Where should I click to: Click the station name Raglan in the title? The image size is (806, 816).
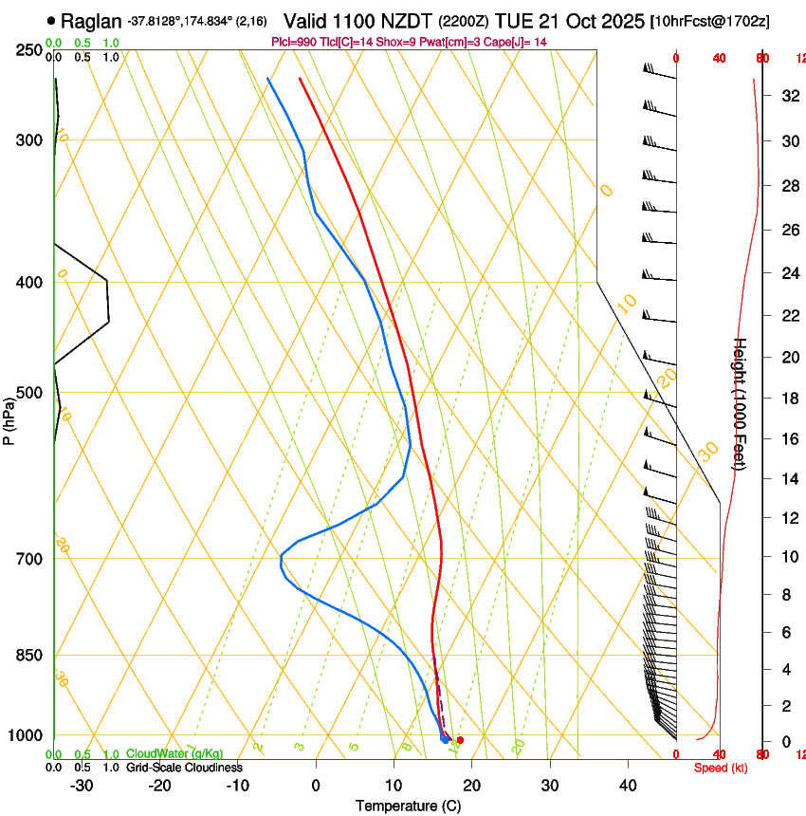pyautogui.click(x=91, y=21)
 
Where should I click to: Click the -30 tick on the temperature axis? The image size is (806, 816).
pyautogui.click(x=82, y=786)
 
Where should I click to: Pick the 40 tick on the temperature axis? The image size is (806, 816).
pyautogui.click(x=628, y=786)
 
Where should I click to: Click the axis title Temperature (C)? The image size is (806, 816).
pyautogui.click(x=408, y=807)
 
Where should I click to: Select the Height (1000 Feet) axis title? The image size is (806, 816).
pyautogui.click(x=741, y=403)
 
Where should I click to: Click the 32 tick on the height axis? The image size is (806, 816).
pyautogui.click(x=788, y=96)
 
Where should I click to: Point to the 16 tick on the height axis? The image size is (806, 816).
pyautogui.click(x=788, y=439)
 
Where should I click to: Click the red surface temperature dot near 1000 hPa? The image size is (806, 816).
pyautogui.click(x=460, y=740)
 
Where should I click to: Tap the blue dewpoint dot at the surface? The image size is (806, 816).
pyautogui.click(x=445, y=738)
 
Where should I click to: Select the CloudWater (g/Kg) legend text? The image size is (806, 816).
pyautogui.click(x=174, y=754)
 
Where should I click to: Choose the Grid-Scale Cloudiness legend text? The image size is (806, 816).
pyautogui.click(x=184, y=768)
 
